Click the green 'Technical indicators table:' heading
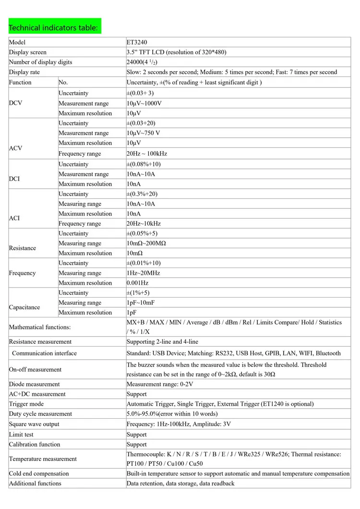[53, 27]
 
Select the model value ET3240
[137, 42]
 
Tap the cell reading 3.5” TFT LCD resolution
[176, 52]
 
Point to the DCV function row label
[15, 103]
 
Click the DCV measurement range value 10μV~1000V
[144, 103]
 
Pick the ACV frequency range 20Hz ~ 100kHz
[147, 154]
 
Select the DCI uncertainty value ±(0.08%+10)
[144, 164]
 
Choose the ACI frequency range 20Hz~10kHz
[144, 224]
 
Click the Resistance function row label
[23, 248]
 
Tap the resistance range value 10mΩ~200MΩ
[146, 243]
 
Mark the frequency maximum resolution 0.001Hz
[137, 283]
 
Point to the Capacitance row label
[24, 307]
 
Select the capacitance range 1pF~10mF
[141, 303]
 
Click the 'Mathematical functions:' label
[39, 327]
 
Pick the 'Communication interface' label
[44, 353]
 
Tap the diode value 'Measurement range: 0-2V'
[160, 384]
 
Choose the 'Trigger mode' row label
[26, 404]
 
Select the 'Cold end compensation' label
[39, 473]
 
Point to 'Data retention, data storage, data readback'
[180, 484]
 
